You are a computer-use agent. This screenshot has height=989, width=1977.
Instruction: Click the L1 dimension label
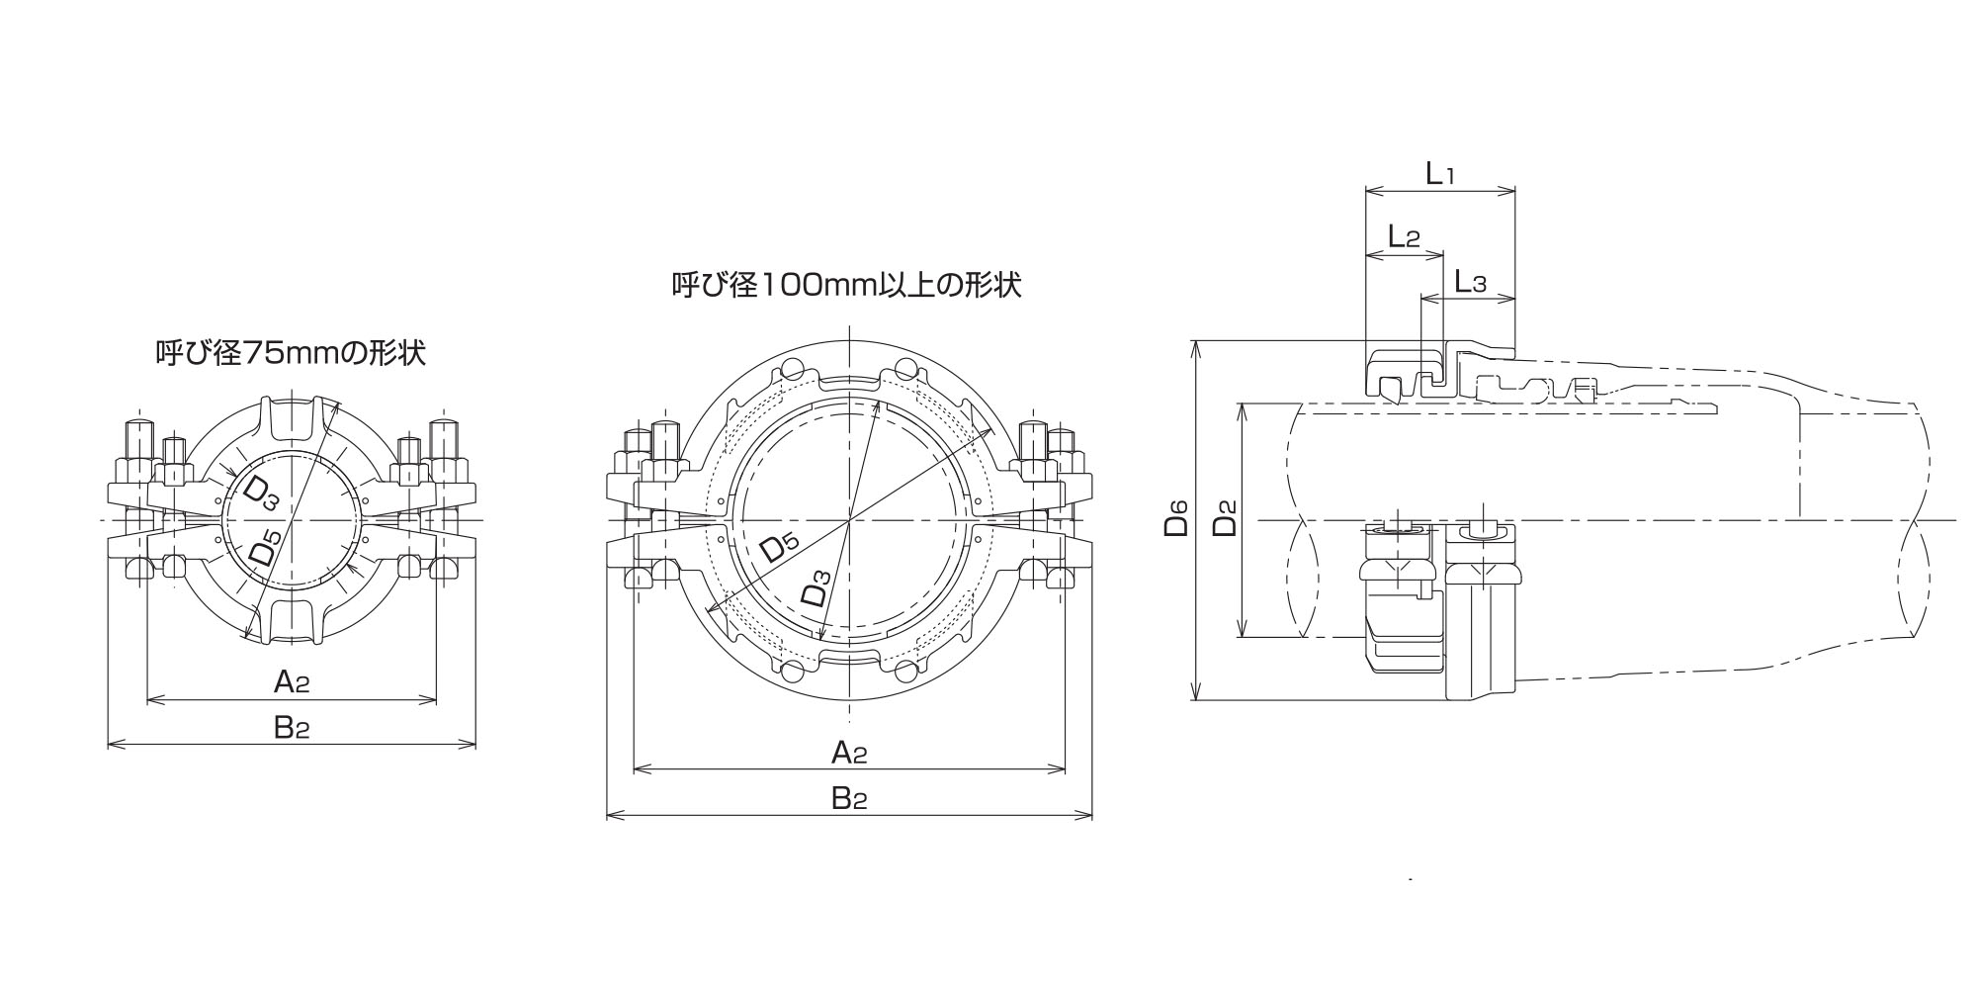(1439, 175)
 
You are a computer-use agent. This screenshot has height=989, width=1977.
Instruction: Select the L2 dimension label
(1404, 236)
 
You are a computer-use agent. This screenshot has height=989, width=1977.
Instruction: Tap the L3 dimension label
(1470, 283)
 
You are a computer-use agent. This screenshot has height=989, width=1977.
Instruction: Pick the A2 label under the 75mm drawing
(292, 681)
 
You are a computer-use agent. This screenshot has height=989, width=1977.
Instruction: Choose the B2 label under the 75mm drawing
(292, 728)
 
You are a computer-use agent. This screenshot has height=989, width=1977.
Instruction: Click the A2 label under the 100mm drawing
(849, 753)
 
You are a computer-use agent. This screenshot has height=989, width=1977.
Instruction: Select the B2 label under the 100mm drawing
(849, 798)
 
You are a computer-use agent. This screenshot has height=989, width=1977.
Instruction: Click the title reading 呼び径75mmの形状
(291, 353)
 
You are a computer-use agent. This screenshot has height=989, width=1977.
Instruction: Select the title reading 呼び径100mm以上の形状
(846, 286)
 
